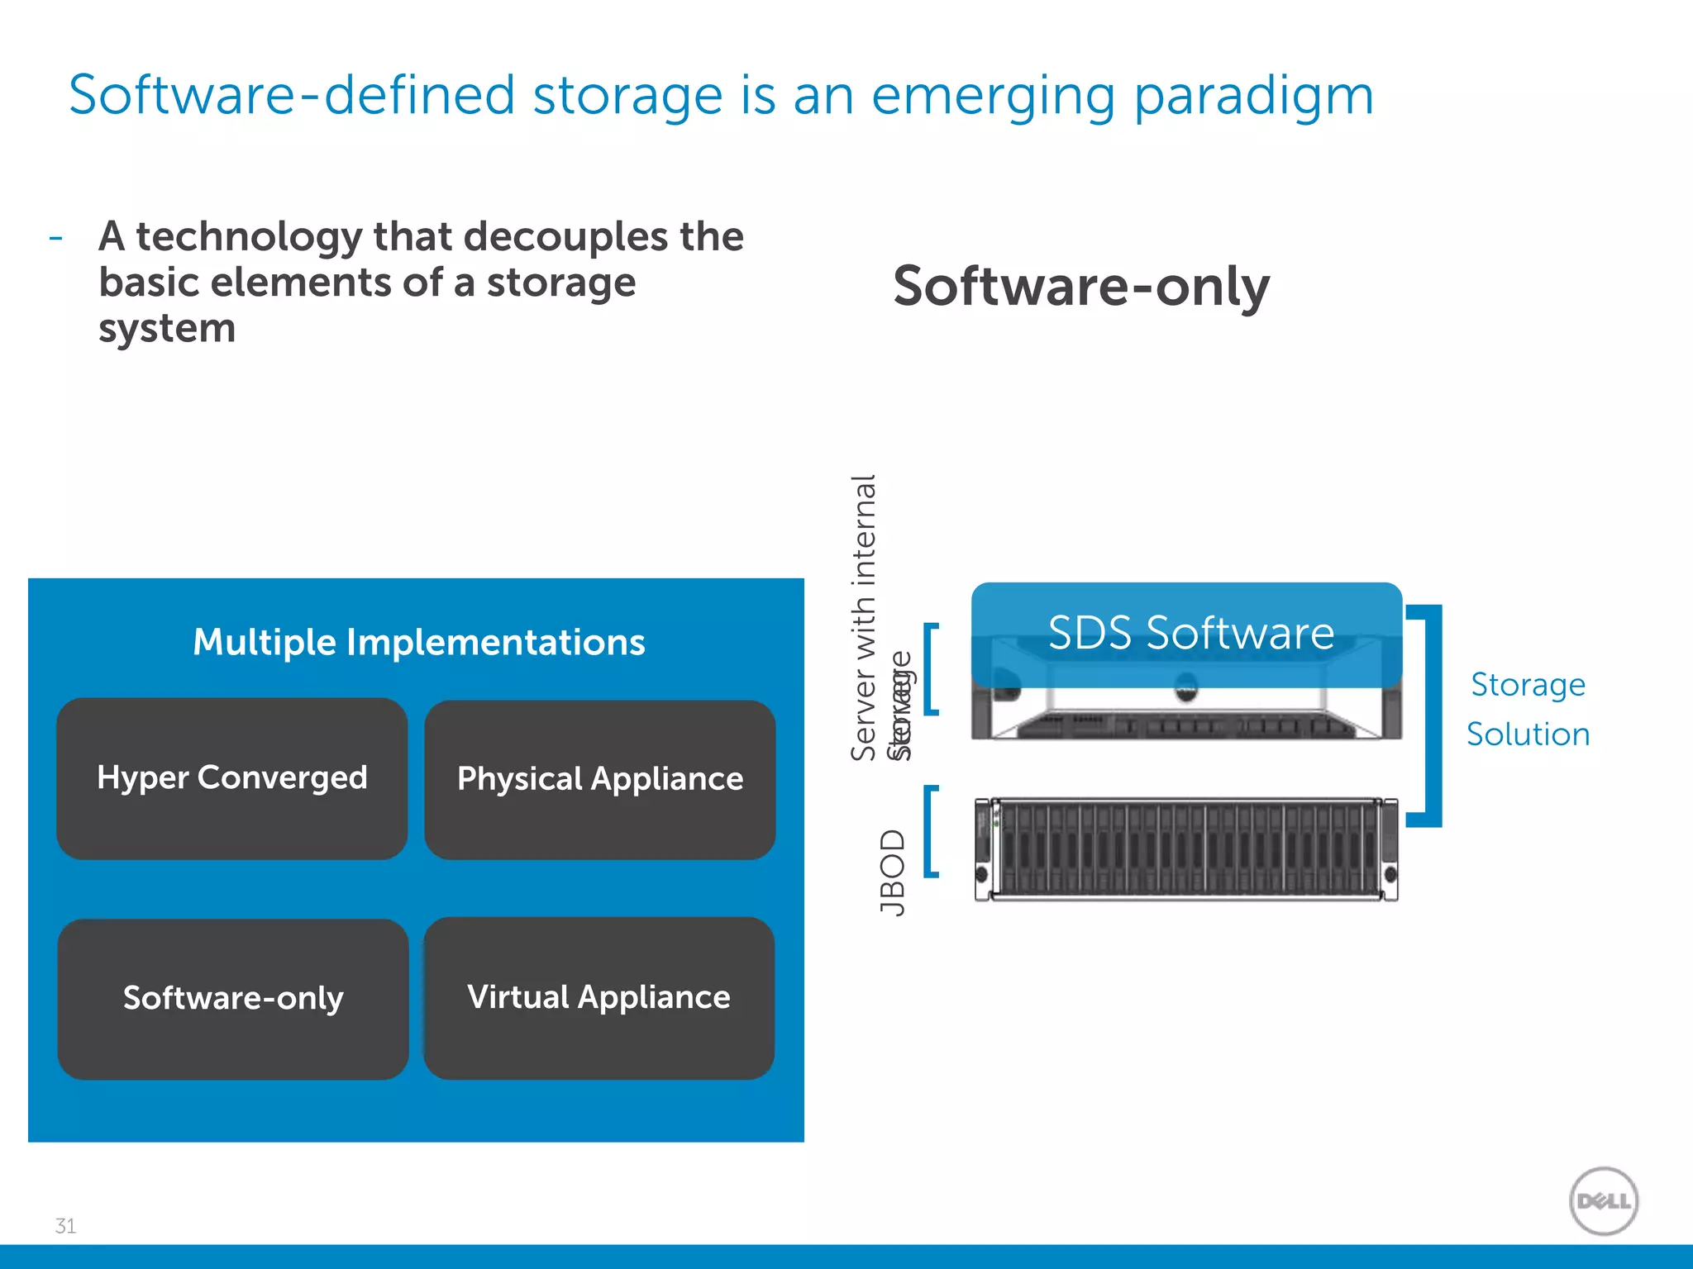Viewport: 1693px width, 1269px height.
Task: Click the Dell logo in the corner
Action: click(1603, 1200)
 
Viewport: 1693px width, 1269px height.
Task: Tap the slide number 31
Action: click(65, 1226)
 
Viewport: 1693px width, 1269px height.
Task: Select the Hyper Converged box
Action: click(232, 778)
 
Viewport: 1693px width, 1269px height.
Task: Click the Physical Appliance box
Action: click(600, 779)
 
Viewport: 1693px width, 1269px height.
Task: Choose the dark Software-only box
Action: click(233, 998)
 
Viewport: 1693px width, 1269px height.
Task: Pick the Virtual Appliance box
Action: click(599, 997)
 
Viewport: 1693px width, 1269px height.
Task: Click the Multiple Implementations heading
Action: click(418, 642)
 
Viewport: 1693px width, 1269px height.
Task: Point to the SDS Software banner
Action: click(1190, 633)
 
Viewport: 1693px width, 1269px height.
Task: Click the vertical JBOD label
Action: click(893, 872)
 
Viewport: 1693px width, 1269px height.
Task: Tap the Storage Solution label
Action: click(1528, 709)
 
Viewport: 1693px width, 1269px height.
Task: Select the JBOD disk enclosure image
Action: click(1186, 848)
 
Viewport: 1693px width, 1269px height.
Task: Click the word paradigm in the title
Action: click(1253, 96)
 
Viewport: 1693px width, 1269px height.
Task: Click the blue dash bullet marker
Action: click(55, 238)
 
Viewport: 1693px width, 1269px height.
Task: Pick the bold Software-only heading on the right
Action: click(1080, 286)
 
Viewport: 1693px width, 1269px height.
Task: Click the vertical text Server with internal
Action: click(864, 617)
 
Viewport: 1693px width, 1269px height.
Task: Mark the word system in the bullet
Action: click(167, 329)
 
